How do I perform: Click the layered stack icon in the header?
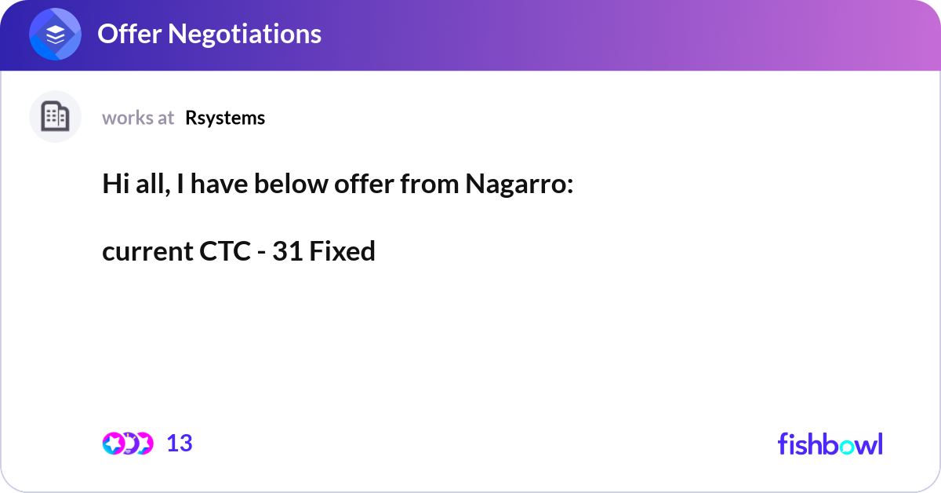pyautogui.click(x=56, y=35)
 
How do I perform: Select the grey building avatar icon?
pyautogui.click(x=55, y=117)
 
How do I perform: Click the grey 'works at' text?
pyautogui.click(x=138, y=118)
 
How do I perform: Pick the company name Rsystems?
pyautogui.click(x=225, y=118)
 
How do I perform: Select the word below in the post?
pyautogui.click(x=297, y=185)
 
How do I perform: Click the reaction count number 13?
pyautogui.click(x=180, y=444)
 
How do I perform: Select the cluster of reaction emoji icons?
pyautogui.click(x=128, y=444)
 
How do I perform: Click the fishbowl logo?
pyautogui.click(x=830, y=444)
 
